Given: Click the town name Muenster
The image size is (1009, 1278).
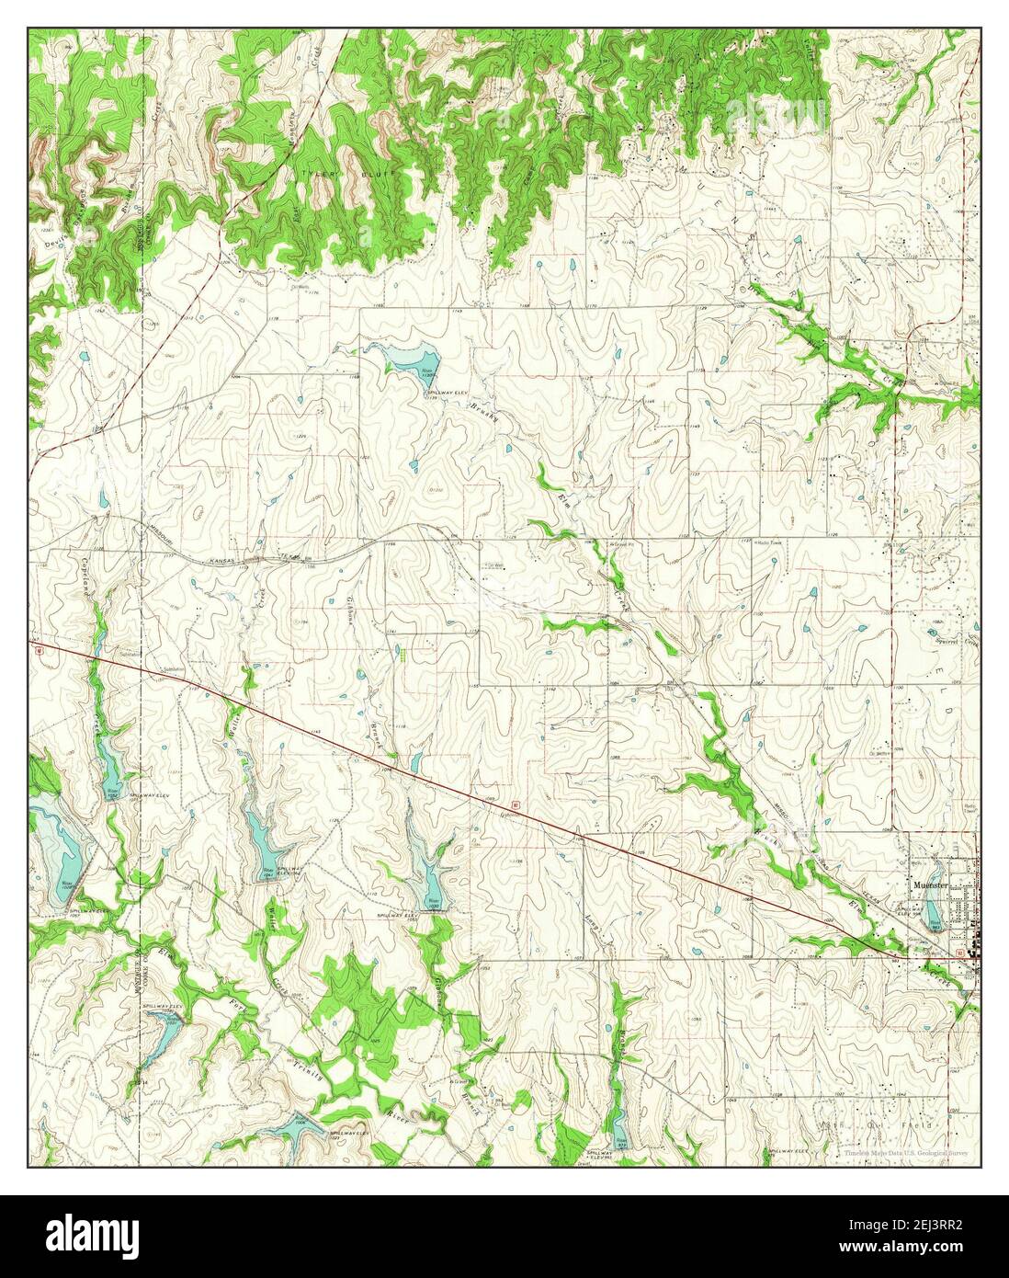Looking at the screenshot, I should coord(931,884).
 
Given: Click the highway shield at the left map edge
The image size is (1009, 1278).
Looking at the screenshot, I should coord(40,650).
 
